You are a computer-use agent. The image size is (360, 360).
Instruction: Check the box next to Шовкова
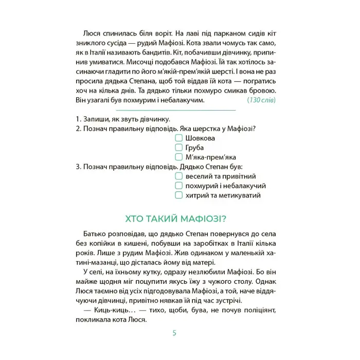click(178, 138)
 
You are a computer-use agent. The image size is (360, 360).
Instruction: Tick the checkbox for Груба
click(178, 148)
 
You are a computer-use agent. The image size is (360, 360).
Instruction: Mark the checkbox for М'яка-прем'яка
click(178, 157)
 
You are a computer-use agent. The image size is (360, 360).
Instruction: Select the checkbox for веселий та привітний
click(178, 176)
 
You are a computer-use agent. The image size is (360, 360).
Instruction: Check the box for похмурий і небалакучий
click(178, 186)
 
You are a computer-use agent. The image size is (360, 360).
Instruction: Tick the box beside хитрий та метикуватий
click(178, 195)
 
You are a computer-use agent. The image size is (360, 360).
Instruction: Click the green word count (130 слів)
click(261, 100)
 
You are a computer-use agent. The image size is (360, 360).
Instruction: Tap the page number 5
click(174, 333)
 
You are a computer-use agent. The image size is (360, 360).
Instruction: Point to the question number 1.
click(77, 119)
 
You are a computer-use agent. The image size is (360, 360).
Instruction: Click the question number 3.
click(77, 167)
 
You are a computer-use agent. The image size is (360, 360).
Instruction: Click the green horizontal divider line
click(176, 110)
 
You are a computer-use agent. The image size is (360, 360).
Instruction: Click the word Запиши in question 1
click(95, 119)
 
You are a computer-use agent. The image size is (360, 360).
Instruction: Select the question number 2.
click(77, 129)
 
